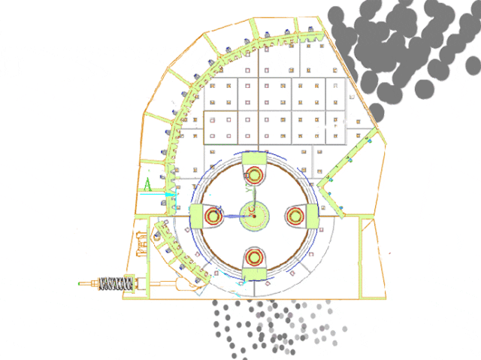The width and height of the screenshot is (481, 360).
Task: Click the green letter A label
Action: click(x=148, y=183)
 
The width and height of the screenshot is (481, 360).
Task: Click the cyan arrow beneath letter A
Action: click(x=159, y=195)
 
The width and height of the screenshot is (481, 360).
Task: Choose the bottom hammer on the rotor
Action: click(x=255, y=260)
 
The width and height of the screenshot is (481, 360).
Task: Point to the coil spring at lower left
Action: click(x=121, y=284)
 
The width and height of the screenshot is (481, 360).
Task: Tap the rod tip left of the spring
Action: click(x=80, y=283)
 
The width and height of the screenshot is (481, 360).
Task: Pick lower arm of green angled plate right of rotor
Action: click(x=330, y=200)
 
